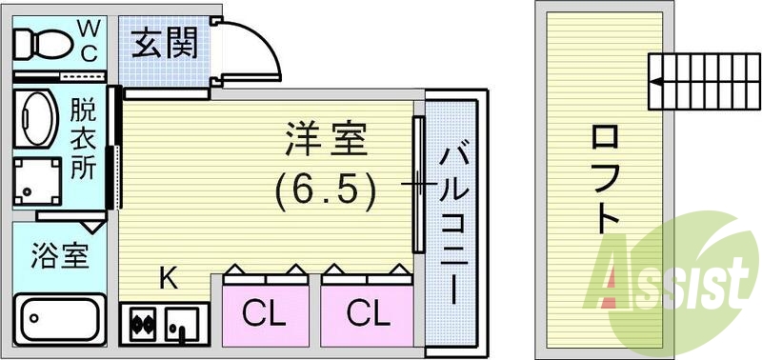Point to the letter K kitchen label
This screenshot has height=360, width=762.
(168, 278)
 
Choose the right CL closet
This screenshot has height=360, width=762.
(367, 312)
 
